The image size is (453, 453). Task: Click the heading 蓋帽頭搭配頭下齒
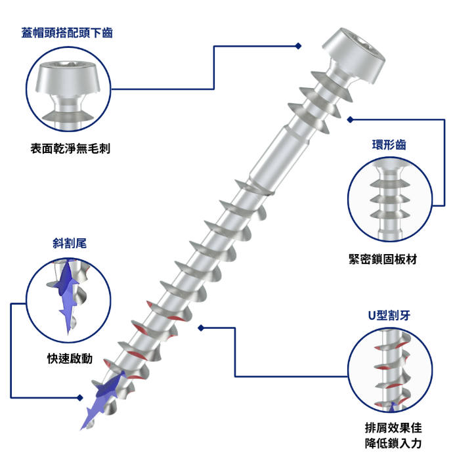click(67, 33)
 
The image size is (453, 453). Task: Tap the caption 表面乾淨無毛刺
click(70, 148)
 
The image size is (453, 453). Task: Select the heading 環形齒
click(389, 144)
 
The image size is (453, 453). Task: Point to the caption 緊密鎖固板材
click(383, 259)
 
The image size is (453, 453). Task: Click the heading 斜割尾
click(70, 244)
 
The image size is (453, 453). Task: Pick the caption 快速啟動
click(70, 358)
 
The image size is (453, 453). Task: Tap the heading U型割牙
click(389, 315)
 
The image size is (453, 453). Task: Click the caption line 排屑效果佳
click(393, 428)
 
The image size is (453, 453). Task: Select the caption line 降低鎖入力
click(393, 443)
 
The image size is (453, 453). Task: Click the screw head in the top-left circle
click(68, 77)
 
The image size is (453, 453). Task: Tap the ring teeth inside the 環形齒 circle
click(390, 200)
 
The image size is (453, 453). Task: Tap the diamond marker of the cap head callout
click(299, 46)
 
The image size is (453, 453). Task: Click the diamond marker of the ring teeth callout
click(350, 119)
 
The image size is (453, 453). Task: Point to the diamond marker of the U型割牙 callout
click(201, 328)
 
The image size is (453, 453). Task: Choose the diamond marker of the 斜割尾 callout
click(80, 398)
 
